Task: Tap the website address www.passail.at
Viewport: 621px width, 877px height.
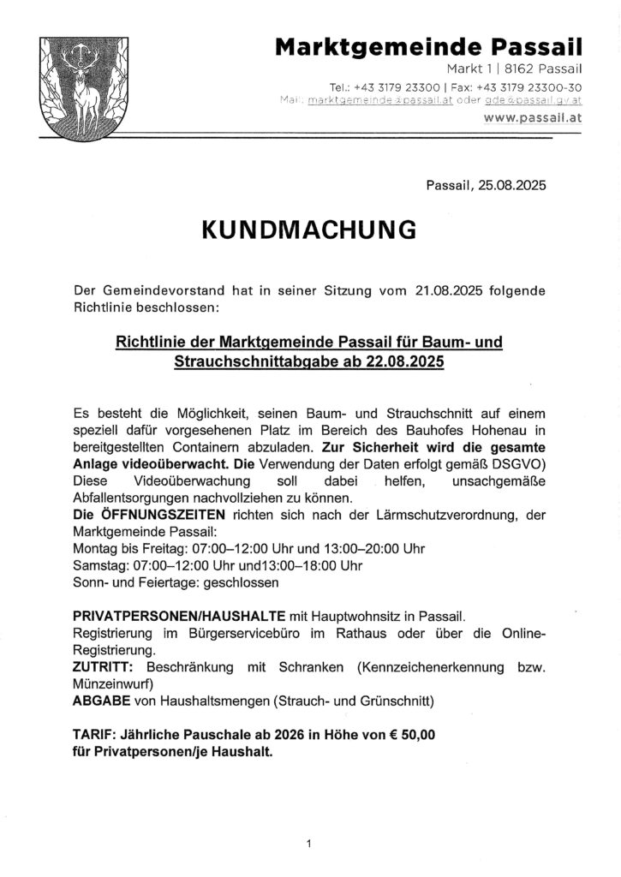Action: pyautogui.click(x=532, y=120)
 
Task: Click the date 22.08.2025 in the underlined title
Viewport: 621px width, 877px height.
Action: pyautogui.click(x=401, y=361)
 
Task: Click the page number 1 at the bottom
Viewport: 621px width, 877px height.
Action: pyautogui.click(x=308, y=844)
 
